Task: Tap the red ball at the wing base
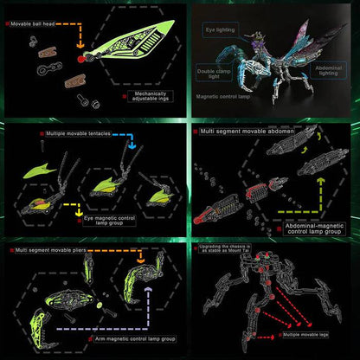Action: click(80, 59)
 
